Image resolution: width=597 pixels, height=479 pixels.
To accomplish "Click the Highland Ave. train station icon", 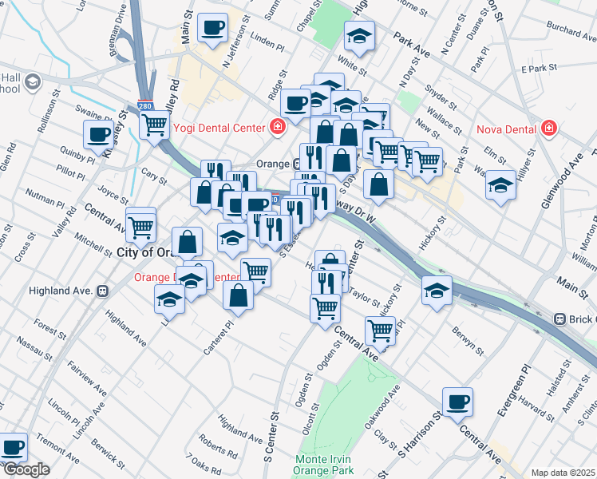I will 101,291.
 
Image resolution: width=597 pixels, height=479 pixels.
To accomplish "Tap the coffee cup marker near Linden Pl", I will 212,29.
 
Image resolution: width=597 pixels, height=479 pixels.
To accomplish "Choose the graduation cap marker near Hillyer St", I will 500,186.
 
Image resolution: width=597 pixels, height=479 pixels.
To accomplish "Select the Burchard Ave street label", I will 567,33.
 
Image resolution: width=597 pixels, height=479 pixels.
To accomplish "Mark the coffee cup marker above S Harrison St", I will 458,402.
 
